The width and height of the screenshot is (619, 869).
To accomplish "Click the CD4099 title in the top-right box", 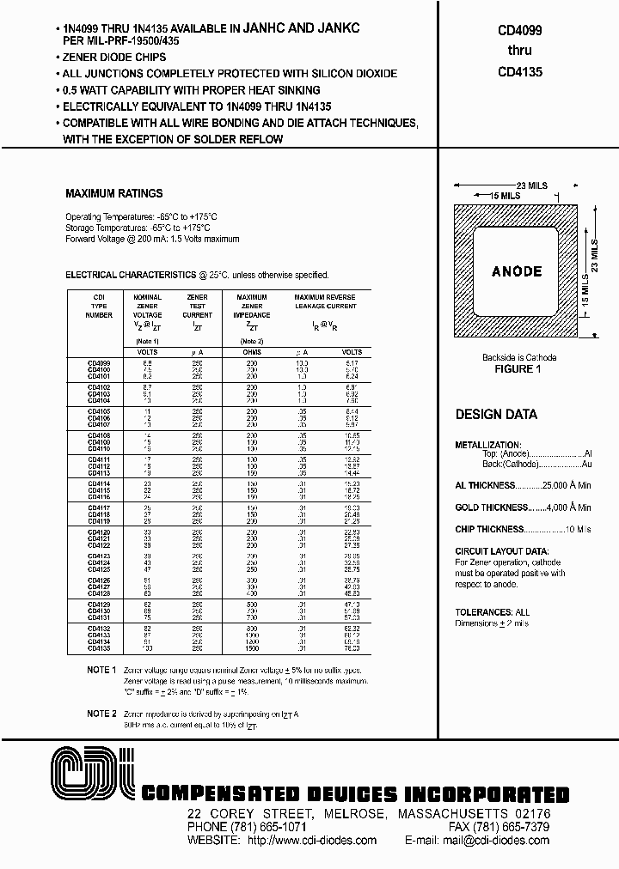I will coord(519,28).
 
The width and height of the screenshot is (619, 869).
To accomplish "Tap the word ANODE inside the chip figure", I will coord(517,271).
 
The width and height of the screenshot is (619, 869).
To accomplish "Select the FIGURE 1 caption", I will coord(518,369).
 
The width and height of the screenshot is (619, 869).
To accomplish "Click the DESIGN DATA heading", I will coord(496,414).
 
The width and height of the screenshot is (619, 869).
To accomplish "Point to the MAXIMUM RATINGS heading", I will coord(113,194).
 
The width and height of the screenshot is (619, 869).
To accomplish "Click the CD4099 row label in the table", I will coord(99,363).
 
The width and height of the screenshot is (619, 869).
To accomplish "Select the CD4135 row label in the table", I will coord(99,648).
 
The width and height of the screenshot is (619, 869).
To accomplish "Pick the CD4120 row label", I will coord(99,532).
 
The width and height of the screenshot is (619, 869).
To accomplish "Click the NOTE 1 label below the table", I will coord(101,669).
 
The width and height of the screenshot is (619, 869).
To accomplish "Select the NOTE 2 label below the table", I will coord(101,714).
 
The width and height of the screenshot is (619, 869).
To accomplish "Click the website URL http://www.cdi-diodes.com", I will coord(311,841).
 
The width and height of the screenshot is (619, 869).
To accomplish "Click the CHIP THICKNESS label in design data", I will coord(489,530).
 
